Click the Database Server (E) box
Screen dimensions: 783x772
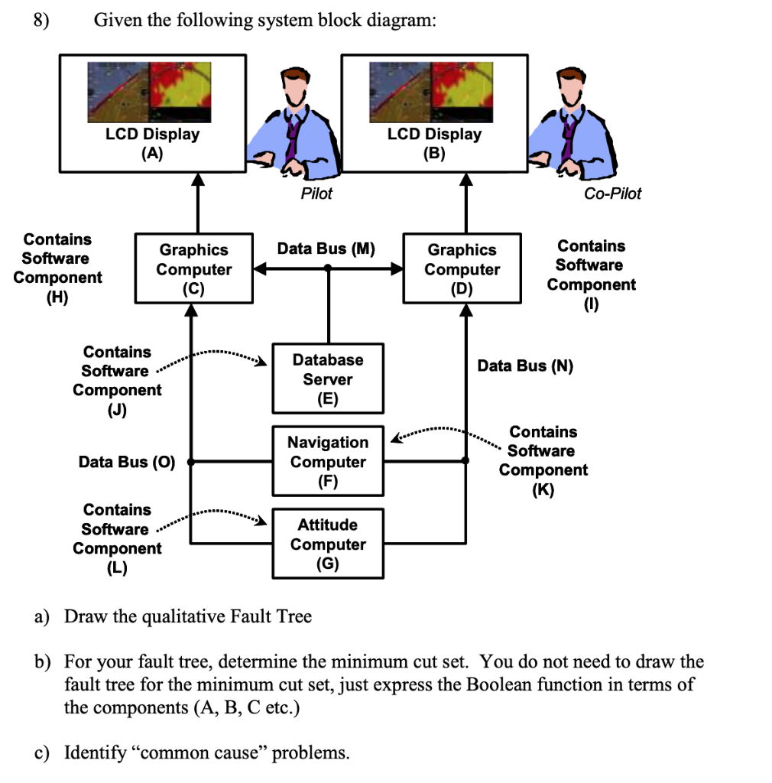[x=329, y=379]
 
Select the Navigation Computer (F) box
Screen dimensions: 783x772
[x=329, y=462]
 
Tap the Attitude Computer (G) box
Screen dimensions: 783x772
[x=328, y=544]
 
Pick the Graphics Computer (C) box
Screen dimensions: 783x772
[x=193, y=269]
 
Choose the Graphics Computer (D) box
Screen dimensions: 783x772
[x=462, y=269]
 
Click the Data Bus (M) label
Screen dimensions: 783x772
[x=326, y=249]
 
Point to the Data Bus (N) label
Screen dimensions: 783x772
[x=525, y=366]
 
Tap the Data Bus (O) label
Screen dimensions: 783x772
[x=127, y=462]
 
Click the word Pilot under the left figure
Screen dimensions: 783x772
[x=316, y=193]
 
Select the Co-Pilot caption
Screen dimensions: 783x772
[x=612, y=193]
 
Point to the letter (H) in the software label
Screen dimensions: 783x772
[x=57, y=297]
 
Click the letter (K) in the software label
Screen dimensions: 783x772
[x=543, y=489]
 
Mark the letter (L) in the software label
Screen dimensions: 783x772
[x=117, y=567]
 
